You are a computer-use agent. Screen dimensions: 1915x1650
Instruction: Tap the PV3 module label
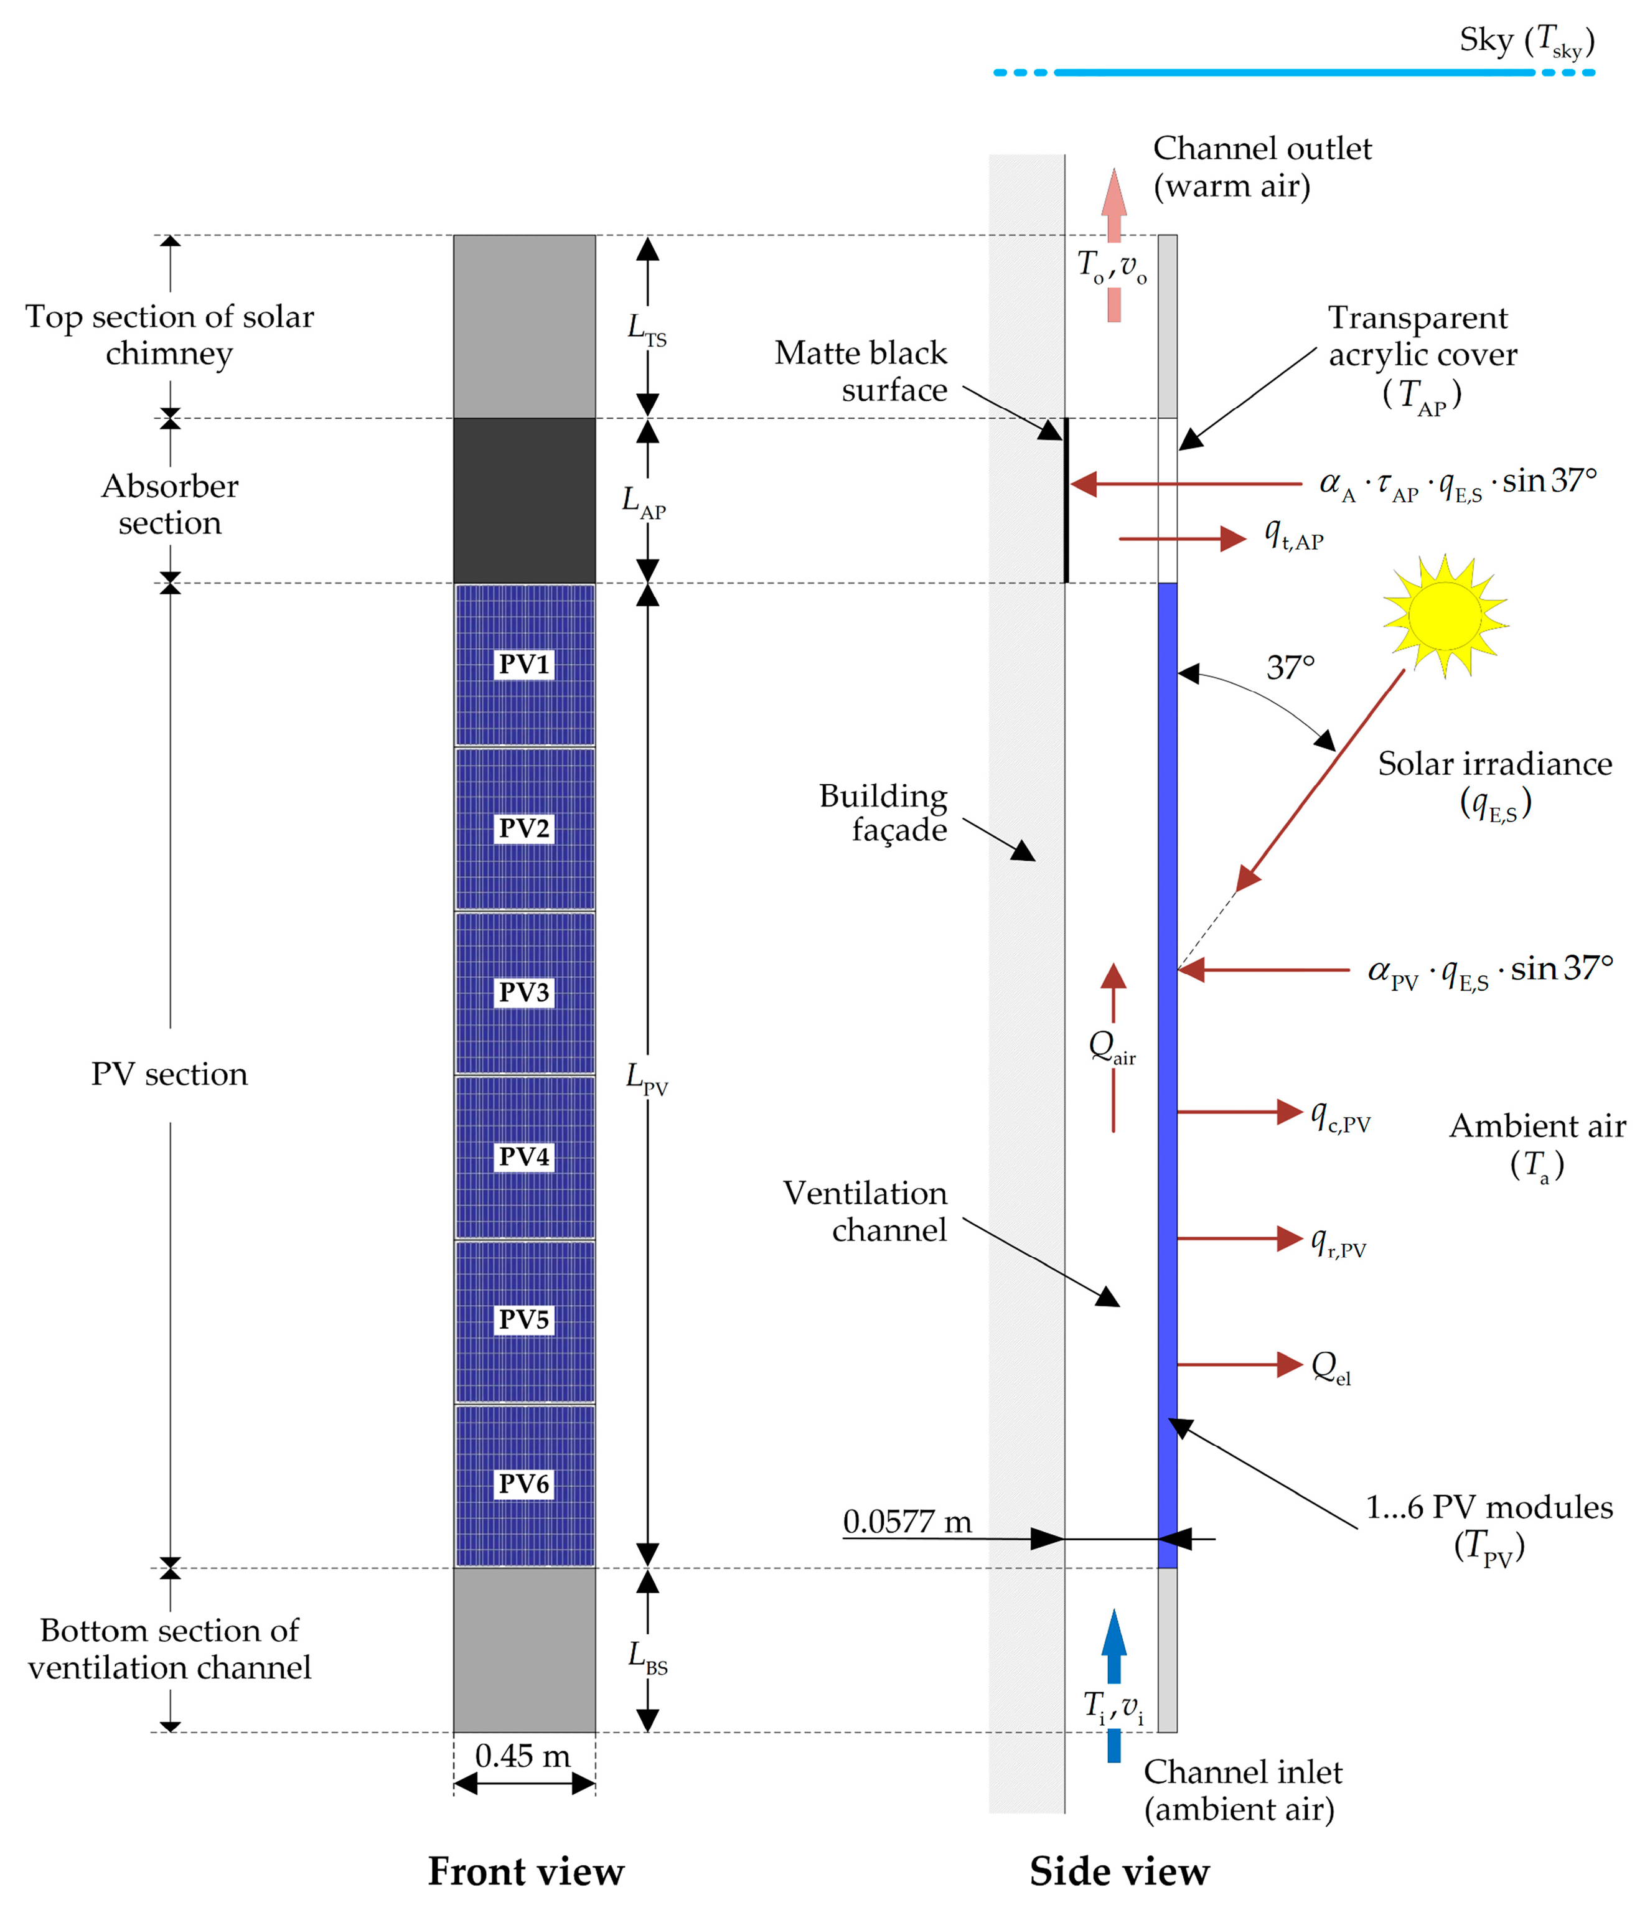pos(524,991)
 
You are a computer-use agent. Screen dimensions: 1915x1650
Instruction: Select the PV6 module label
pos(524,1483)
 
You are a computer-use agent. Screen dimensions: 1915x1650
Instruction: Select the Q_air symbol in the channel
pos(1112,1048)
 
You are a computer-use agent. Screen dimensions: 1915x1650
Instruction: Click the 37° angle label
pos(1290,667)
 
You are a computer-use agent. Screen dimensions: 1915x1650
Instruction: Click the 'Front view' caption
pos(526,1871)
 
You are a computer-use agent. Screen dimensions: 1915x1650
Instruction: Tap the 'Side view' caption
pos(1120,1871)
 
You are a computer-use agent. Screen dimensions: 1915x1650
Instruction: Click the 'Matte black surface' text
pos(861,371)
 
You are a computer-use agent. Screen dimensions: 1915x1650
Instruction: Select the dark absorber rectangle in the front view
pos(524,500)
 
